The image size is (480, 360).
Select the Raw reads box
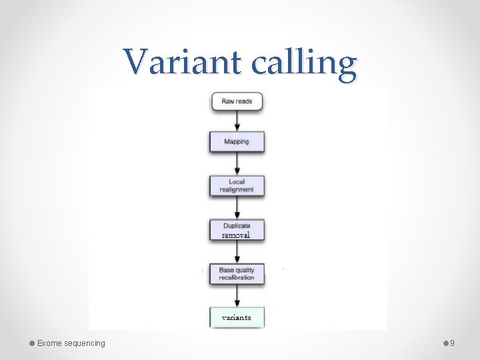pyautogui.click(x=237, y=101)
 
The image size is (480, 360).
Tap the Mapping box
pyautogui.click(x=237, y=141)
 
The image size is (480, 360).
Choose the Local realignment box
pyautogui.click(x=237, y=185)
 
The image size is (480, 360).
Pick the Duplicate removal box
pyautogui.click(x=237, y=230)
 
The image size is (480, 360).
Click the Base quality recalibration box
pyautogui.click(x=237, y=273)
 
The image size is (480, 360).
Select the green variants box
pyautogui.click(x=237, y=317)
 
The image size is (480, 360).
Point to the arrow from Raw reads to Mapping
pyautogui.click(x=237, y=121)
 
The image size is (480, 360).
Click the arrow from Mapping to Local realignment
pyautogui.click(x=237, y=163)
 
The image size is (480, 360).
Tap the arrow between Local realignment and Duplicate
pyautogui.click(x=237, y=207)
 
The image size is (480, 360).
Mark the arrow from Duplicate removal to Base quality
pyautogui.click(x=237, y=251)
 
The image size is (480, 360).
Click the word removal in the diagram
pyautogui.click(x=236, y=235)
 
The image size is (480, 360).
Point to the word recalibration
pyautogui.click(x=237, y=277)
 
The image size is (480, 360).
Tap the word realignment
pyautogui.click(x=237, y=189)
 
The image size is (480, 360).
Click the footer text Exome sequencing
pyautogui.click(x=71, y=343)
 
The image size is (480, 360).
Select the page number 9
pyautogui.click(x=453, y=343)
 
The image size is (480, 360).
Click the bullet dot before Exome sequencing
pyautogui.click(x=32, y=343)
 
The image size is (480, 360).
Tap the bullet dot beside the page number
pyautogui.click(x=446, y=343)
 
